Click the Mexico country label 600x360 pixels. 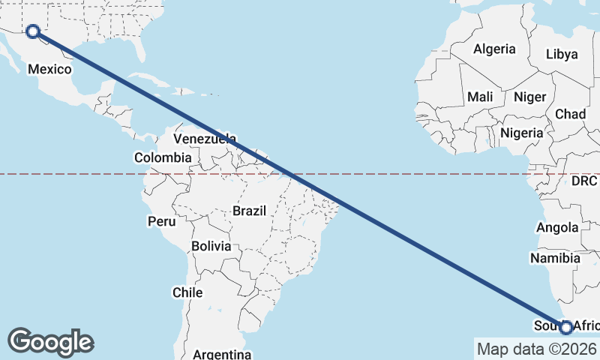(x=49, y=70)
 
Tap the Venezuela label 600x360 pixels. (x=205, y=139)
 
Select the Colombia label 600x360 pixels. (x=163, y=157)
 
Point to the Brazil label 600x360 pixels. (x=249, y=211)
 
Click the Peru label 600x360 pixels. (x=161, y=221)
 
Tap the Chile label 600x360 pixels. (x=187, y=292)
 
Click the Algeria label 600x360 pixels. (x=494, y=49)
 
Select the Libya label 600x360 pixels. (x=562, y=54)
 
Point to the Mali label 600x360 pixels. (x=480, y=97)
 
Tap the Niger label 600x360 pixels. (x=529, y=97)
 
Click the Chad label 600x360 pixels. (x=570, y=114)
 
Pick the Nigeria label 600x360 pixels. (x=521, y=133)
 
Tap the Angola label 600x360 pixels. (x=557, y=227)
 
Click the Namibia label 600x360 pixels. (x=555, y=258)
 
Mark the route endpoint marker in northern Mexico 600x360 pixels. (x=33, y=31)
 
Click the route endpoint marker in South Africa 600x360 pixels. (x=566, y=327)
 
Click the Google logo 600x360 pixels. (x=50, y=342)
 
